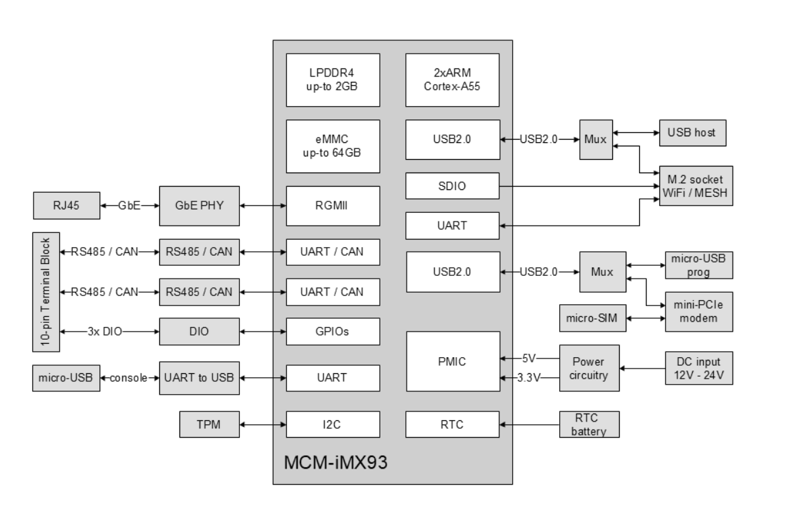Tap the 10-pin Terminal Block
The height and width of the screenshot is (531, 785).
46,291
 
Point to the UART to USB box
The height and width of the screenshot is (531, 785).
199,377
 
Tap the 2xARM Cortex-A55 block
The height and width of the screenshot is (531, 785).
452,79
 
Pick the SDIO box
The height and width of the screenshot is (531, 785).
452,186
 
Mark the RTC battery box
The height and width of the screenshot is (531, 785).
589,424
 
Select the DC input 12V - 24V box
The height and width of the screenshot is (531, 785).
699,367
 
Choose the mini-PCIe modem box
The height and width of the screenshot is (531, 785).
699,310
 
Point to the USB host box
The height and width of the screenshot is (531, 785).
692,132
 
